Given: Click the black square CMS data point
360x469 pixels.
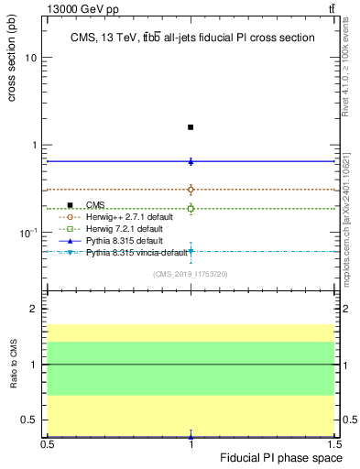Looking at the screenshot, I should pyautogui.click(x=191, y=127).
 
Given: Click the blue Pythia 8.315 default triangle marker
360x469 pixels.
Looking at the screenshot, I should pyautogui.click(x=191, y=161).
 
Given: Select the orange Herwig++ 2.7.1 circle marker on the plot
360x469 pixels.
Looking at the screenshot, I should pyautogui.click(x=191, y=190).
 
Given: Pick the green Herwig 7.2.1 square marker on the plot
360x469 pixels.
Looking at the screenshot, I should pyautogui.click(x=191, y=209).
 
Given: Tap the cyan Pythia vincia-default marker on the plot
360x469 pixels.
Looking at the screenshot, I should pyautogui.click(x=191, y=251).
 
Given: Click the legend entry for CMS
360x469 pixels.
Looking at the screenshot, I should pyautogui.click(x=95, y=205).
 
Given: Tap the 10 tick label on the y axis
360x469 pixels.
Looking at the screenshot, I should pyautogui.click(x=31, y=58).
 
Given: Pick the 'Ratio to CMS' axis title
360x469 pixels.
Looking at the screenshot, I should pyautogui.click(x=14, y=364).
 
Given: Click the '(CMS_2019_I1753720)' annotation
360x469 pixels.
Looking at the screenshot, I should pyautogui.click(x=191, y=273).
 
